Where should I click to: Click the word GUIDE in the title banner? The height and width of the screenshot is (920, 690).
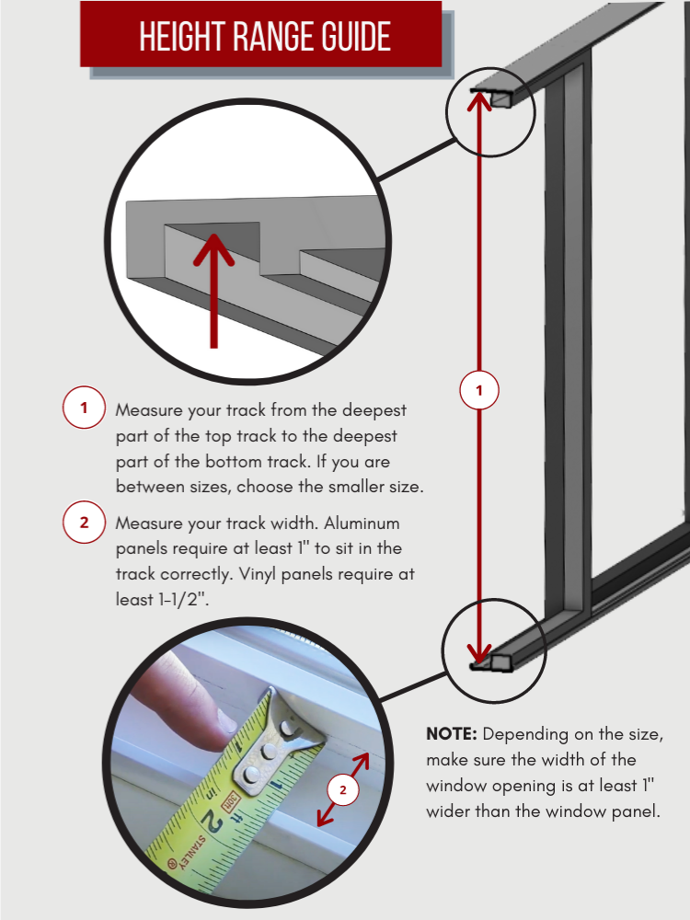tap(353, 36)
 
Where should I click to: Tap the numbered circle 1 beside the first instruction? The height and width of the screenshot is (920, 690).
tap(84, 408)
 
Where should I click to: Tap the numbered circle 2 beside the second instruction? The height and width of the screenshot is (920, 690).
tap(84, 523)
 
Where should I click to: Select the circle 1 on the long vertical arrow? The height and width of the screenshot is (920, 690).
tap(477, 391)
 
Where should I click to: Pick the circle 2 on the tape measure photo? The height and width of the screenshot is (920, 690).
tap(343, 790)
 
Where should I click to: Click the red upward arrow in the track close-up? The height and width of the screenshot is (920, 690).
tap(213, 285)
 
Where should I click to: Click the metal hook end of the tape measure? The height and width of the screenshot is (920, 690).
tap(281, 736)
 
